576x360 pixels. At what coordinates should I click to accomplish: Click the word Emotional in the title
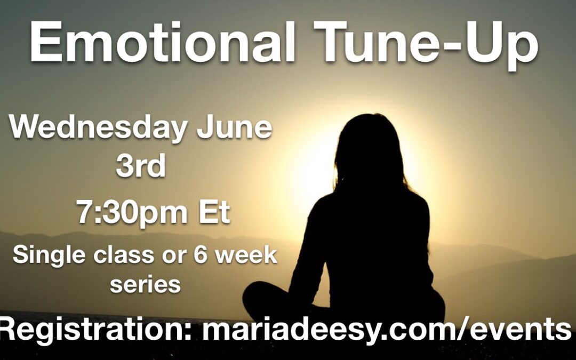point(163,43)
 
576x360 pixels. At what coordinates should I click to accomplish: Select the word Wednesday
point(99,127)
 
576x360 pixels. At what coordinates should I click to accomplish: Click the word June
point(234,127)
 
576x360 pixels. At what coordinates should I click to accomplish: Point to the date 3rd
point(141,166)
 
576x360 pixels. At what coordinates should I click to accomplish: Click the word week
point(246,254)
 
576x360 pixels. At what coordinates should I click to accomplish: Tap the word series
point(146,284)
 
